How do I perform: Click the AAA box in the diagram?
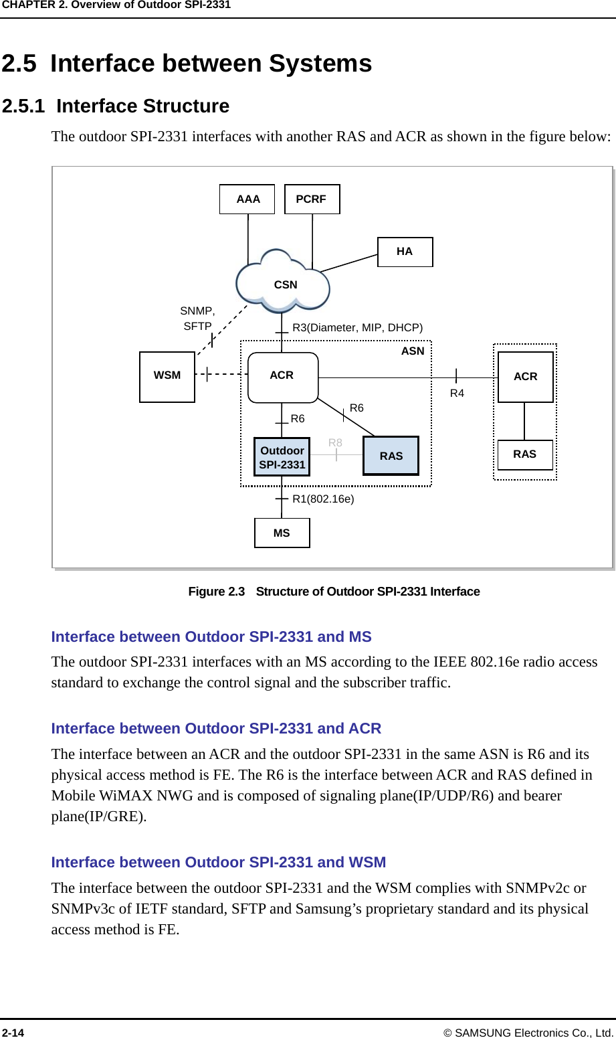pos(247,199)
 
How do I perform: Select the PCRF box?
pos(312,199)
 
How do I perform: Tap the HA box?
pos(405,252)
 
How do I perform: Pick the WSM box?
pos(167,376)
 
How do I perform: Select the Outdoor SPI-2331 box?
pos(282,458)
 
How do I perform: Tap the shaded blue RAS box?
pos(391,456)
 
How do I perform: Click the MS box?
pos(282,533)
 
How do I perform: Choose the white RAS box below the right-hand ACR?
pos(525,454)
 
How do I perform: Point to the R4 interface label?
pos(457,394)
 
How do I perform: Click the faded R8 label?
pos(335,442)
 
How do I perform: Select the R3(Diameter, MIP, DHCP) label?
pos(358,327)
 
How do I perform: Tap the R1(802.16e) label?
pos(323,499)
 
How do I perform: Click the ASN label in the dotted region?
pos(413,351)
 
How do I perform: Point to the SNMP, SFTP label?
pos(197,319)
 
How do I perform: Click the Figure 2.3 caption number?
pos(217,592)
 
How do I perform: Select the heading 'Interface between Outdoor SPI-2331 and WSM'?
pos(219,862)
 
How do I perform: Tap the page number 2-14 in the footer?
pos(13,1033)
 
